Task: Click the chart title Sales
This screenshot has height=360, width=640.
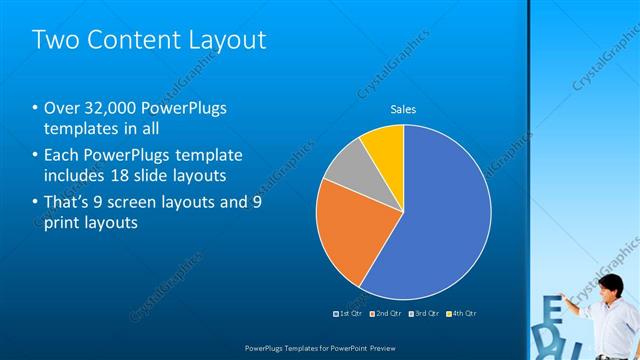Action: click(402, 109)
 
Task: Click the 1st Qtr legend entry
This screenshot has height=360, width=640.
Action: click(347, 313)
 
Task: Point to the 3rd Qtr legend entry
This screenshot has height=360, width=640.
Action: click(424, 313)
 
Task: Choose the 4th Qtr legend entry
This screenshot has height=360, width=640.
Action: click(461, 313)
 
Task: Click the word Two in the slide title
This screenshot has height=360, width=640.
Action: click(56, 40)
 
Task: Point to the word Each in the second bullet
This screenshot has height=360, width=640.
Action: click(62, 155)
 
